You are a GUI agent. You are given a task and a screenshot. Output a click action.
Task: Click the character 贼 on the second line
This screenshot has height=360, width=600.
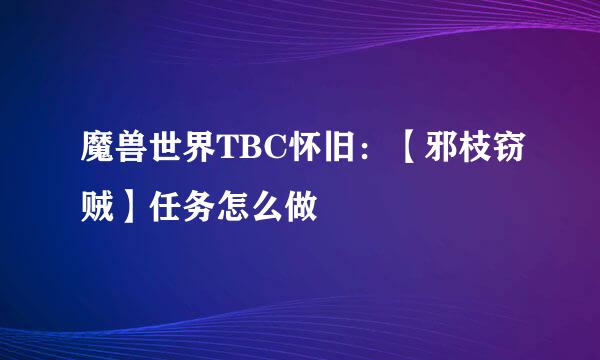point(98,208)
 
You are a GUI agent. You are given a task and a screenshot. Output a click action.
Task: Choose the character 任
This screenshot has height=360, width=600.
point(170,208)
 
